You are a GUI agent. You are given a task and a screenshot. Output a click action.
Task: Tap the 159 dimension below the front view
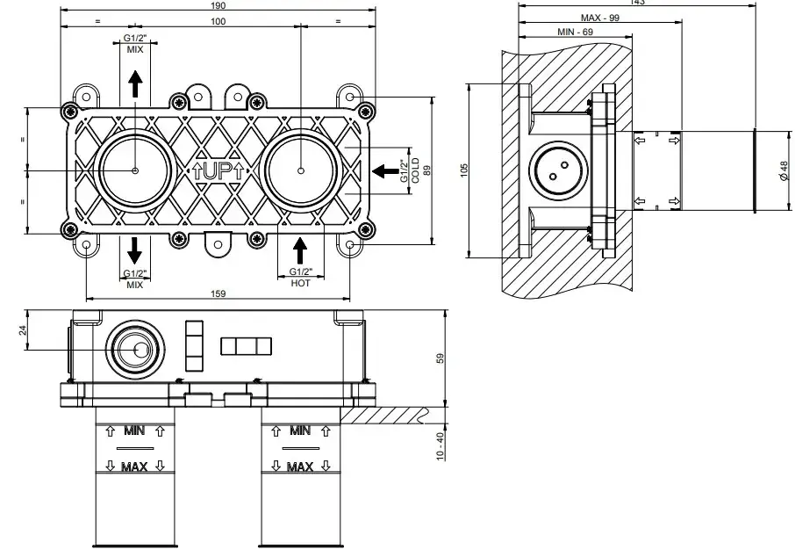click(x=218, y=293)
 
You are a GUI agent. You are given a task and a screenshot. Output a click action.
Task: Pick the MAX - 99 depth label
click(x=600, y=18)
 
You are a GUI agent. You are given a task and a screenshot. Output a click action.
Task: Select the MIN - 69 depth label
click(x=576, y=32)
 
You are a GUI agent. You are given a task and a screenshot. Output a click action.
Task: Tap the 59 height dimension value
click(x=440, y=358)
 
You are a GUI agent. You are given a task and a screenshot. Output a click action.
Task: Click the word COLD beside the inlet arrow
click(x=415, y=170)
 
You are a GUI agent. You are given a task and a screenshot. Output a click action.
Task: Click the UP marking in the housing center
click(x=218, y=171)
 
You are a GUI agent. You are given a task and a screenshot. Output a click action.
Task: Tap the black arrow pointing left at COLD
click(x=383, y=170)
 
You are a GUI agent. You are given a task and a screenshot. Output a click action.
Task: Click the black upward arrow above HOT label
click(x=300, y=251)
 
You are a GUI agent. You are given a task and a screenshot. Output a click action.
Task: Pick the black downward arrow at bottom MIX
click(x=134, y=250)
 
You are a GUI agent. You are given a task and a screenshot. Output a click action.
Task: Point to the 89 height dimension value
click(x=426, y=170)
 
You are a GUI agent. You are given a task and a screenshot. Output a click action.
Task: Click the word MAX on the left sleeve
click(x=134, y=467)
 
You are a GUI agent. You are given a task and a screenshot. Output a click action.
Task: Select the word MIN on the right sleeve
click(x=300, y=431)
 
